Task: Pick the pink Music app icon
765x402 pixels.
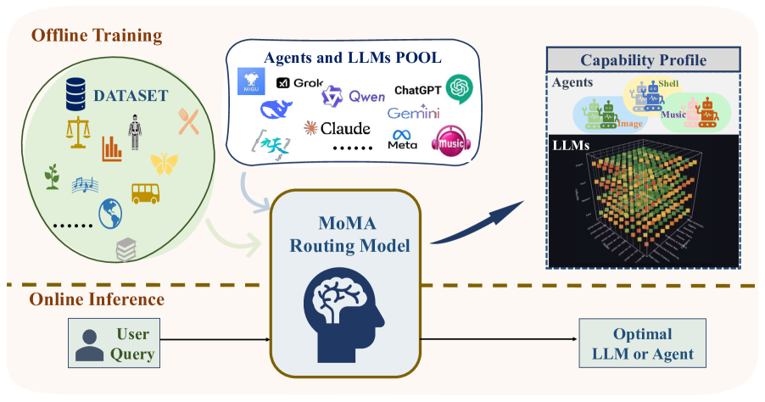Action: (450, 140)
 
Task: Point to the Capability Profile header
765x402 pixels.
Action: (643, 60)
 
